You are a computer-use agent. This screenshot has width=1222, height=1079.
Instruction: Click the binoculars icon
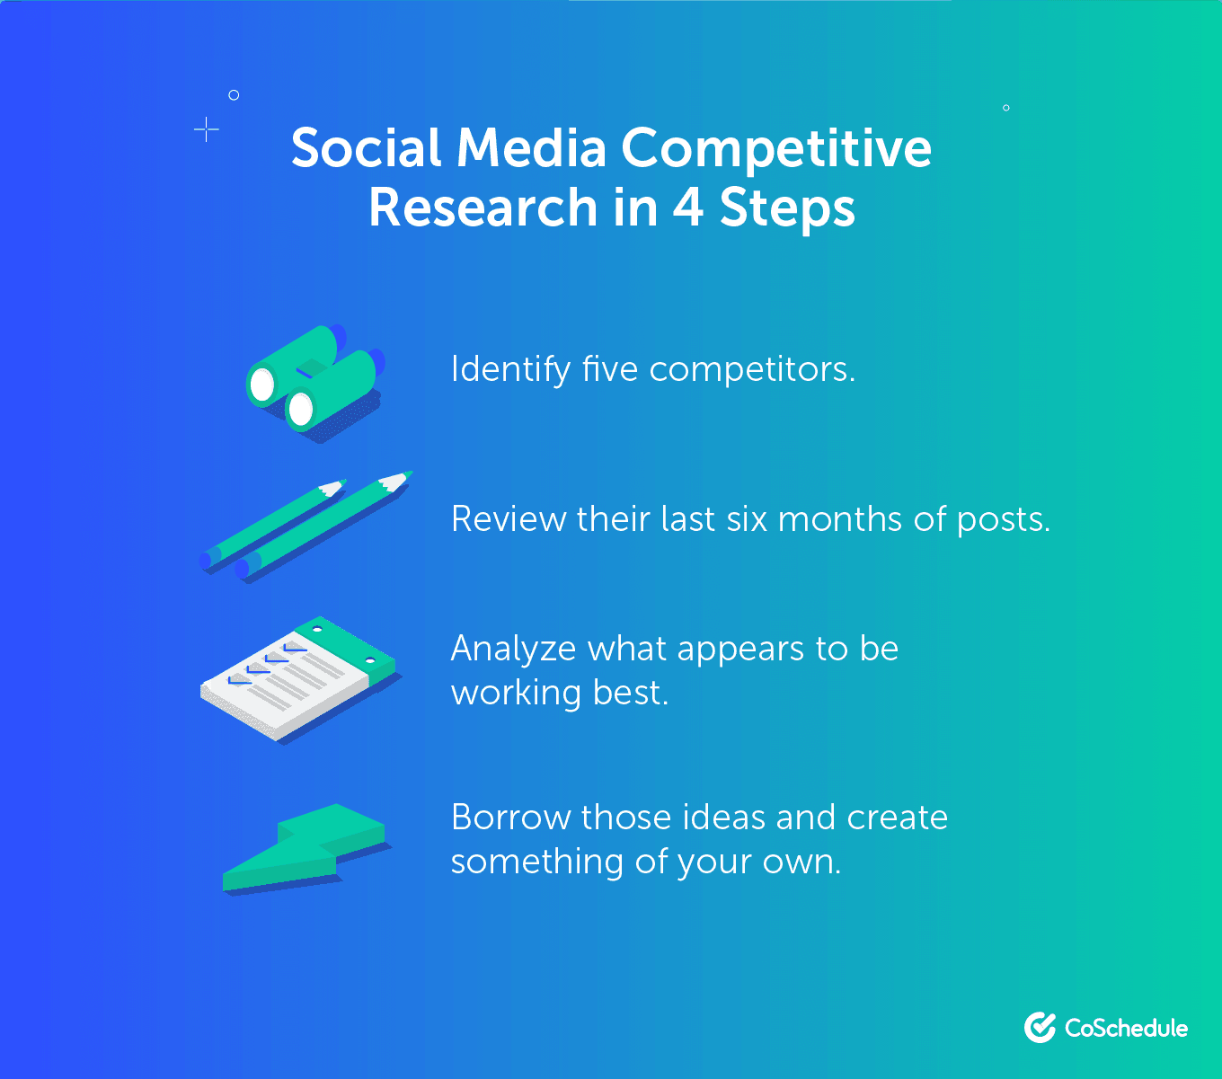pyautogui.click(x=314, y=382)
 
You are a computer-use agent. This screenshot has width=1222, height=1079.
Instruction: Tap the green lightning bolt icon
pyautogui.click(x=305, y=847)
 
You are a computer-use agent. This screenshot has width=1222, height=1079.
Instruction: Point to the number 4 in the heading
pyautogui.click(x=687, y=208)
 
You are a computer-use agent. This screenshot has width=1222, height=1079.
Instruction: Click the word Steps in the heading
pyautogui.click(x=787, y=209)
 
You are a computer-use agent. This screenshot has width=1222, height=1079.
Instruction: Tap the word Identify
pyautogui.click(x=510, y=369)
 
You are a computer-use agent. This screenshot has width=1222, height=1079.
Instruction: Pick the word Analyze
pyautogui.click(x=513, y=649)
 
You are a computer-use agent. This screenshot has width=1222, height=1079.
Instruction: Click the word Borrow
pyautogui.click(x=511, y=818)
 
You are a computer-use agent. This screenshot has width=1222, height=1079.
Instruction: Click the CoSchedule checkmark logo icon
pyautogui.click(x=1040, y=1028)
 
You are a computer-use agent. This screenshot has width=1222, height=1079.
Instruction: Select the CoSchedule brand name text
pyautogui.click(x=1126, y=1028)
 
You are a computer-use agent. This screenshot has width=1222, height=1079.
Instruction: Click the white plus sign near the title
pyautogui.click(x=207, y=129)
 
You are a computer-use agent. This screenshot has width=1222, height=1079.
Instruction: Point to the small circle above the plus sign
pyautogui.click(x=234, y=94)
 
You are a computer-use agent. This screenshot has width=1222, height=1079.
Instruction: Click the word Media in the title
pyautogui.click(x=531, y=148)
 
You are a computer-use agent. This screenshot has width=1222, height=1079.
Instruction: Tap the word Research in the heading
pyautogui.click(x=483, y=208)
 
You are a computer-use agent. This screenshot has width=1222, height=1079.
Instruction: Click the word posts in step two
pyautogui.click(x=1003, y=520)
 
